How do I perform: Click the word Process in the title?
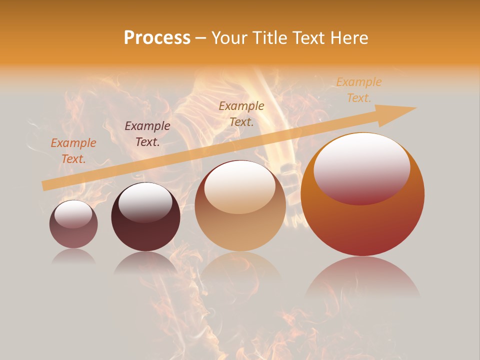(157, 38)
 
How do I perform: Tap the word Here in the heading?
(348, 38)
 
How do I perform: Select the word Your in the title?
(229, 38)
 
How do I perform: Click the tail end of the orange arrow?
(44, 186)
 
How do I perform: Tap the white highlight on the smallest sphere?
(73, 213)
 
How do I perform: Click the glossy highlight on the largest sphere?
(362, 168)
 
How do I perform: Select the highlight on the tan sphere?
(239, 187)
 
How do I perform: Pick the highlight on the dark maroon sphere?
(145, 201)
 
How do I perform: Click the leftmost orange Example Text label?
(73, 151)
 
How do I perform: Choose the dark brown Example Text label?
(147, 134)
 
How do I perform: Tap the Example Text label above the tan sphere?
(241, 113)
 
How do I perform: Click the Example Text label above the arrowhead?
(359, 90)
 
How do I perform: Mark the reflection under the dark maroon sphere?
(145, 263)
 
